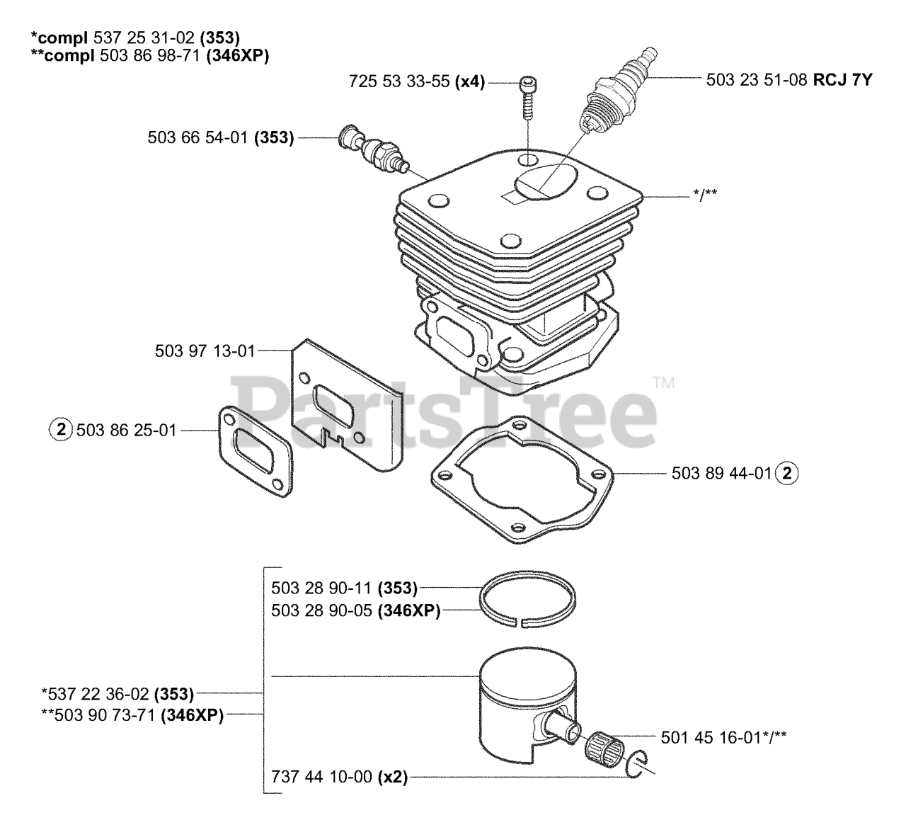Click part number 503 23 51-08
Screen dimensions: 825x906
pyautogui.click(x=757, y=80)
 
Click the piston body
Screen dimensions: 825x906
pyautogui.click(x=524, y=698)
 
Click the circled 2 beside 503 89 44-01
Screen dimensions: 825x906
pyautogui.click(x=786, y=473)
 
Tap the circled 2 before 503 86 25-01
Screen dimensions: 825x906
pyautogui.click(x=61, y=429)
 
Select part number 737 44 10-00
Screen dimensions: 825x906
pyautogui.click(x=321, y=777)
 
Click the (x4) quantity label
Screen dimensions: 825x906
pyautogui.click(x=469, y=81)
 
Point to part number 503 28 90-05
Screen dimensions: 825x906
pyautogui.click(x=321, y=610)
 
